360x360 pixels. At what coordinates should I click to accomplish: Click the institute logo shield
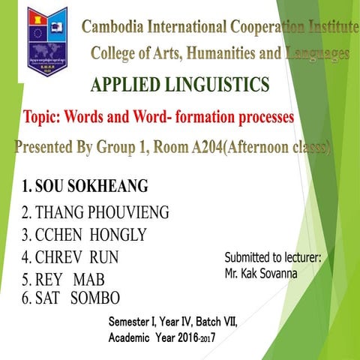(47, 40)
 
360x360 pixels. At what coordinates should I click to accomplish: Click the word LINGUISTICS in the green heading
(220, 86)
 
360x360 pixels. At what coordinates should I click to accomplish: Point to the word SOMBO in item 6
(95, 298)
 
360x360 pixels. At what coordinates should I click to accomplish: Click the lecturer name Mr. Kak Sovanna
(260, 274)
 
